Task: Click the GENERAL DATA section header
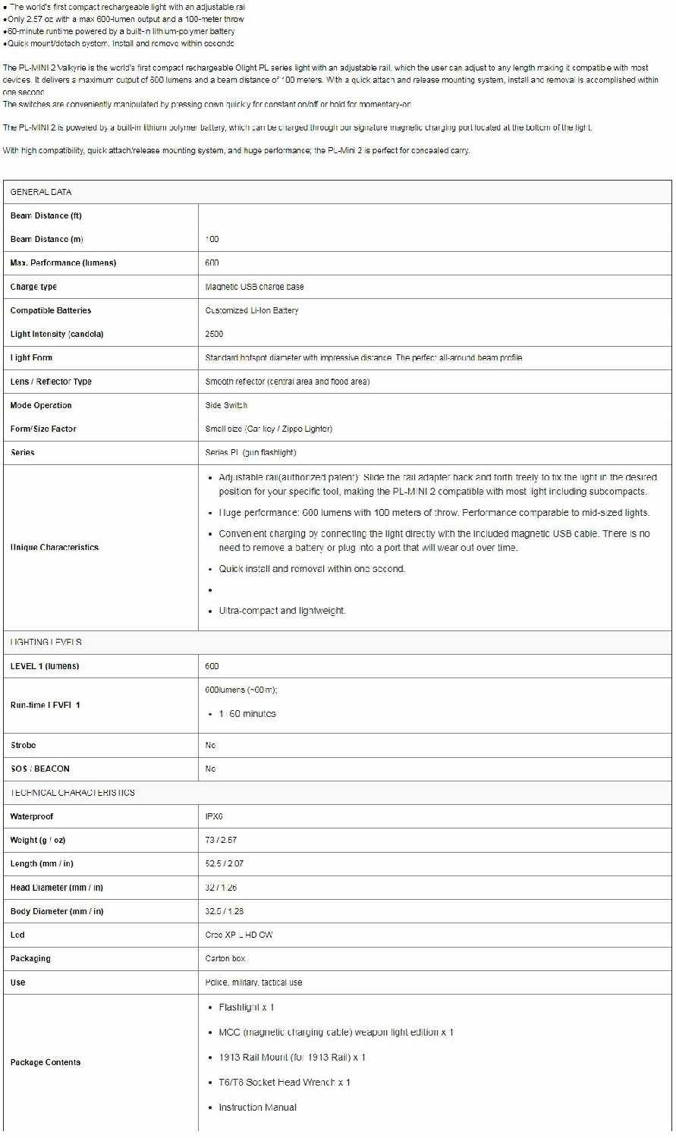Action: tap(41, 192)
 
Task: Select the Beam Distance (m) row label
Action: tap(46, 239)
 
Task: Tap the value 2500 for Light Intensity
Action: tap(214, 334)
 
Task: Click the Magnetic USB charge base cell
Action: tap(254, 287)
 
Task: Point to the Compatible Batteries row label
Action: tap(50, 310)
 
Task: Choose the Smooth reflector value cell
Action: tap(287, 382)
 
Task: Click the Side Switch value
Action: tap(226, 405)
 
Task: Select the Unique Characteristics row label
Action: tap(55, 547)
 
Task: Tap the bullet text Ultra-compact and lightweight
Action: tap(282, 611)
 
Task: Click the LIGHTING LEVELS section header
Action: tap(46, 642)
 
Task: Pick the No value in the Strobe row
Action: tap(210, 745)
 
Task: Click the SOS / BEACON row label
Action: tap(39, 769)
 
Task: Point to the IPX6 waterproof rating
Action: tap(214, 816)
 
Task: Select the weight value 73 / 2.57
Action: tap(221, 840)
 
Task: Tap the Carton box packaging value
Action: tap(225, 958)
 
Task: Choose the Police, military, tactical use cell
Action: tap(253, 982)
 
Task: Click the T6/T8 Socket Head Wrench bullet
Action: tap(285, 1083)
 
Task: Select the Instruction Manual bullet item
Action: tap(257, 1108)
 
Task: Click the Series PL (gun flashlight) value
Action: tap(250, 452)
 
